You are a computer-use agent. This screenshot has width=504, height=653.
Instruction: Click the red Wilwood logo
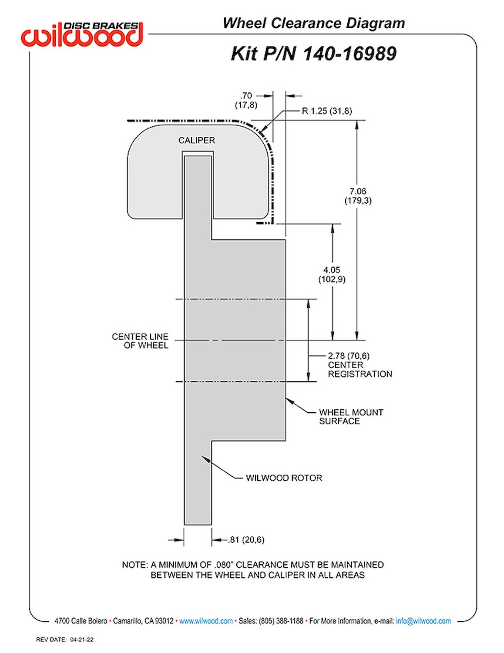81,34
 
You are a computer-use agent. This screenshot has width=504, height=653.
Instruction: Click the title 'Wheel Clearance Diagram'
314,23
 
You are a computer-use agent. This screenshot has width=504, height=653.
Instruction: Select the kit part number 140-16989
349,54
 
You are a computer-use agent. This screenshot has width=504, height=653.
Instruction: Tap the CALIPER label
197,140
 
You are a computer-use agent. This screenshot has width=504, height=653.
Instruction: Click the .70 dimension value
246,96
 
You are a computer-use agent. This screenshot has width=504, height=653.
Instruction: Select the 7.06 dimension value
358,191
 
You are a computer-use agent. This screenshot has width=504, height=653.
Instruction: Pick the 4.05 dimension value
332,270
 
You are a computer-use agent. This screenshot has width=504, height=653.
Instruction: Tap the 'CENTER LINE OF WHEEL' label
140,341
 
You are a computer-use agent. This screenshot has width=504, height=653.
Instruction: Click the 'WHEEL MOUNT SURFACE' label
351,417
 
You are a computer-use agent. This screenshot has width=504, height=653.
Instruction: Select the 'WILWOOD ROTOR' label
284,478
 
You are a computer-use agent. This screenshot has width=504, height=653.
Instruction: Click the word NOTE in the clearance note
134,565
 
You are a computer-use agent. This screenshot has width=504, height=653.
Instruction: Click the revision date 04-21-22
82,640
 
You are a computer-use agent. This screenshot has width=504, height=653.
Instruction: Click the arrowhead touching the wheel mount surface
289,400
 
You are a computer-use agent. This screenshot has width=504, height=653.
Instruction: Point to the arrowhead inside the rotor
205,459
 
